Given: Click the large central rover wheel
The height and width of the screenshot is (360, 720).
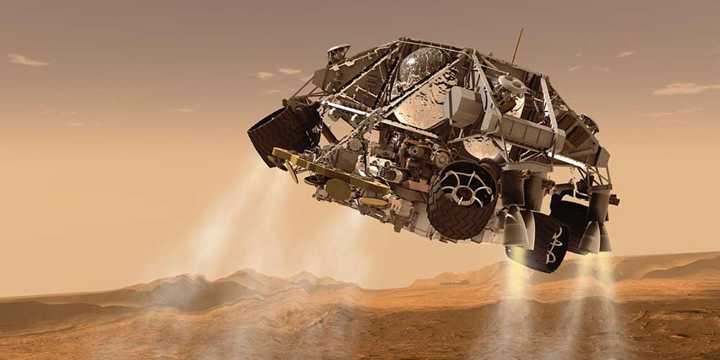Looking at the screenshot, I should click(462, 199).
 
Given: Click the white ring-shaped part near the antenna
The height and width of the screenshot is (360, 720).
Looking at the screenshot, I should click(513, 84).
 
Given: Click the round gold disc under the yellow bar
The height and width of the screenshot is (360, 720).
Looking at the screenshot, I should click(338, 189).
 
